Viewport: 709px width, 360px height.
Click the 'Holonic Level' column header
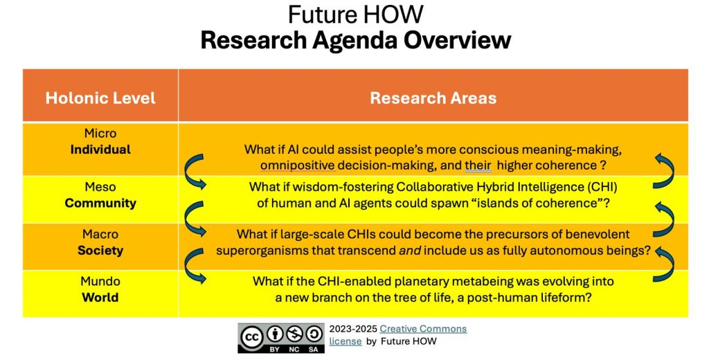(100, 98)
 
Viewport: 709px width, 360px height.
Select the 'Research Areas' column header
(433, 98)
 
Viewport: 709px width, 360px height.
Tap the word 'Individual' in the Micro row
(100, 150)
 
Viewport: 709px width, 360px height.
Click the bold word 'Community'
(100, 203)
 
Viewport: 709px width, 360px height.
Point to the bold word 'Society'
(100, 250)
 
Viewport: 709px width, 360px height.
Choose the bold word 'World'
(100, 297)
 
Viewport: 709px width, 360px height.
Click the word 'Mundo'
(100, 281)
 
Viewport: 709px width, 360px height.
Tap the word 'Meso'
(100, 187)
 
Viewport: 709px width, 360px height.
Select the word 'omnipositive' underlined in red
(298, 165)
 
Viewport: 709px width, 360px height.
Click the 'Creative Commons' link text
(423, 329)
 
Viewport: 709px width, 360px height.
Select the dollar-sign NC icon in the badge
(294, 334)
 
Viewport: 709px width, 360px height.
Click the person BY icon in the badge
(274, 334)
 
